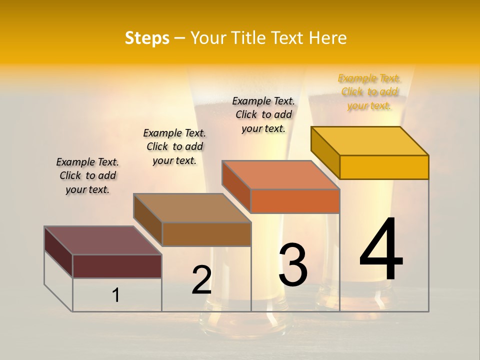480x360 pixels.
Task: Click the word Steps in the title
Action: [147, 38]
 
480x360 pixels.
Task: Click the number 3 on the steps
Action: [293, 264]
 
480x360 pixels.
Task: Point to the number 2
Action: [201, 280]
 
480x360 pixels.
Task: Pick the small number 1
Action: [116, 295]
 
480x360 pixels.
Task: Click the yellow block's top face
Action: [370, 140]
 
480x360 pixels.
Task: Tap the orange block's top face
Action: [281, 175]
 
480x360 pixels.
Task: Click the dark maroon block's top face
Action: [103, 240]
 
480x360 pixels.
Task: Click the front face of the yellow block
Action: [384, 167]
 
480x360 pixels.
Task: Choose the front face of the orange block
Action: [295, 201]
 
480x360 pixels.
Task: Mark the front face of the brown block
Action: [206, 234]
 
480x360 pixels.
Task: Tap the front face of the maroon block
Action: [117, 266]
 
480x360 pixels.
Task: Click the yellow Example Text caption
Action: [369, 92]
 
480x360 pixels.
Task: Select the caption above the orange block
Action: [263, 114]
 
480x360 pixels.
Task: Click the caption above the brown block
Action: [174, 146]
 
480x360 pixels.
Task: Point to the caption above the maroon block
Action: [87, 175]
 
